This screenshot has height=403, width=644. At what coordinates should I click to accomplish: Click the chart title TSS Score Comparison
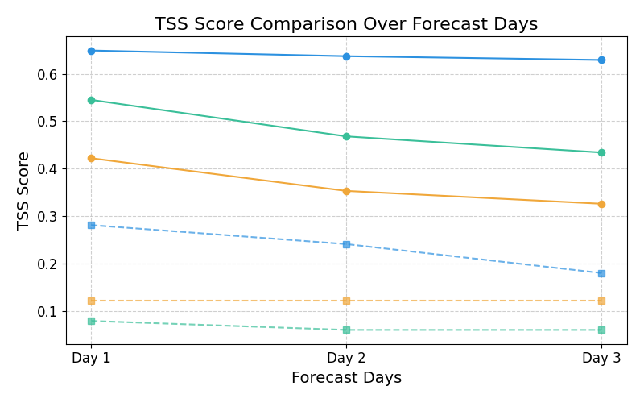(346, 24)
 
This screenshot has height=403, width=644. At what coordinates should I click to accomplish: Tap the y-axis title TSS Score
(24, 190)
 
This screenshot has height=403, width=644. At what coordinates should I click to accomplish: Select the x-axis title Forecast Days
(346, 378)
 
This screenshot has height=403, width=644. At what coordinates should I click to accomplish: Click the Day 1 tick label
(91, 358)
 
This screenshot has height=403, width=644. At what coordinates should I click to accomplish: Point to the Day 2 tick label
(346, 358)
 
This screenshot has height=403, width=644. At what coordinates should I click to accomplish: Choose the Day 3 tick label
(601, 358)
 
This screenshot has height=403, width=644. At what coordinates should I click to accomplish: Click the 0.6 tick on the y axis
(49, 74)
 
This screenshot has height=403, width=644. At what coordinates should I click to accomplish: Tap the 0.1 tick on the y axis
(49, 312)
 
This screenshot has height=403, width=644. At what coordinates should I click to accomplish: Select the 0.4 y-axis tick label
(49, 169)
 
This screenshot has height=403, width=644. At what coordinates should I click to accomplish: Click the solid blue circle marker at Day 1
(91, 51)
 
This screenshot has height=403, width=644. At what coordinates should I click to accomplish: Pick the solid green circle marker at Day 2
(346, 136)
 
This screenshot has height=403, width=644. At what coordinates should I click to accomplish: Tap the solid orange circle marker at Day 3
(601, 204)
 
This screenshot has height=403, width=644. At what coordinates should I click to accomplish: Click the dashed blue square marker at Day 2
(346, 244)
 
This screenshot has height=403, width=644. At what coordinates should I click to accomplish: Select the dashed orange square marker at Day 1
(91, 301)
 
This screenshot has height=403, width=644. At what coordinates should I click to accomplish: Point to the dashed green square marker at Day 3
(601, 330)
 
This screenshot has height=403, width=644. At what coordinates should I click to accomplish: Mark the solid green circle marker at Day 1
(91, 100)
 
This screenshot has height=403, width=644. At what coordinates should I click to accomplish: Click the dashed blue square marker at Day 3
(601, 273)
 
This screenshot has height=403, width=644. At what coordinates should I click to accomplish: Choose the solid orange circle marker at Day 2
(346, 191)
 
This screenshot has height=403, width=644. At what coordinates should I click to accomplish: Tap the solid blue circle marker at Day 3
(601, 60)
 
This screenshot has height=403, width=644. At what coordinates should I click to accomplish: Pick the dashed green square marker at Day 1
(91, 321)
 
